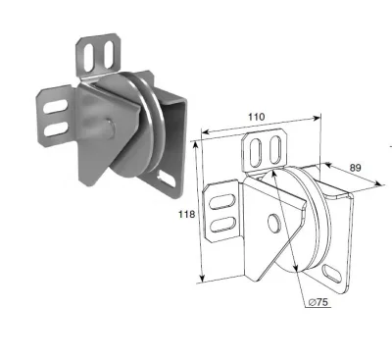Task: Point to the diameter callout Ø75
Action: [x=318, y=302]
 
